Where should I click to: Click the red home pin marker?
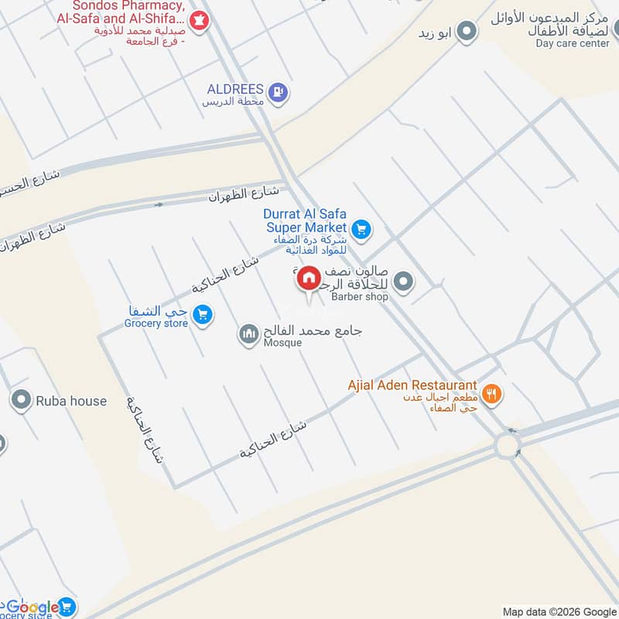tap(309, 279)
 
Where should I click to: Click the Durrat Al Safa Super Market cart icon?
tap(361, 229)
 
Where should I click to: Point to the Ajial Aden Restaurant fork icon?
tap(491, 395)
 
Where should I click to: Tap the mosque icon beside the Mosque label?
tap(248, 334)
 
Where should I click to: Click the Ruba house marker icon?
tap(21, 400)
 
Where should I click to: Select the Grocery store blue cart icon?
tap(203, 314)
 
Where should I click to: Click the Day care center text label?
tap(573, 43)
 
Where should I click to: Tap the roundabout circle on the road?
tap(509, 446)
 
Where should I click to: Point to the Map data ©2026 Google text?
tap(559, 610)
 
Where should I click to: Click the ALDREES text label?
tap(235, 89)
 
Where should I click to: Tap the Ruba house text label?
tap(71, 401)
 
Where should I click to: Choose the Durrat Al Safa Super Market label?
tap(307, 221)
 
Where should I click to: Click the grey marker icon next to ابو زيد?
tap(466, 32)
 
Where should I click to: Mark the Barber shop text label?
tap(360, 296)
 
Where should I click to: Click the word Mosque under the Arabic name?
tap(282, 343)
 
